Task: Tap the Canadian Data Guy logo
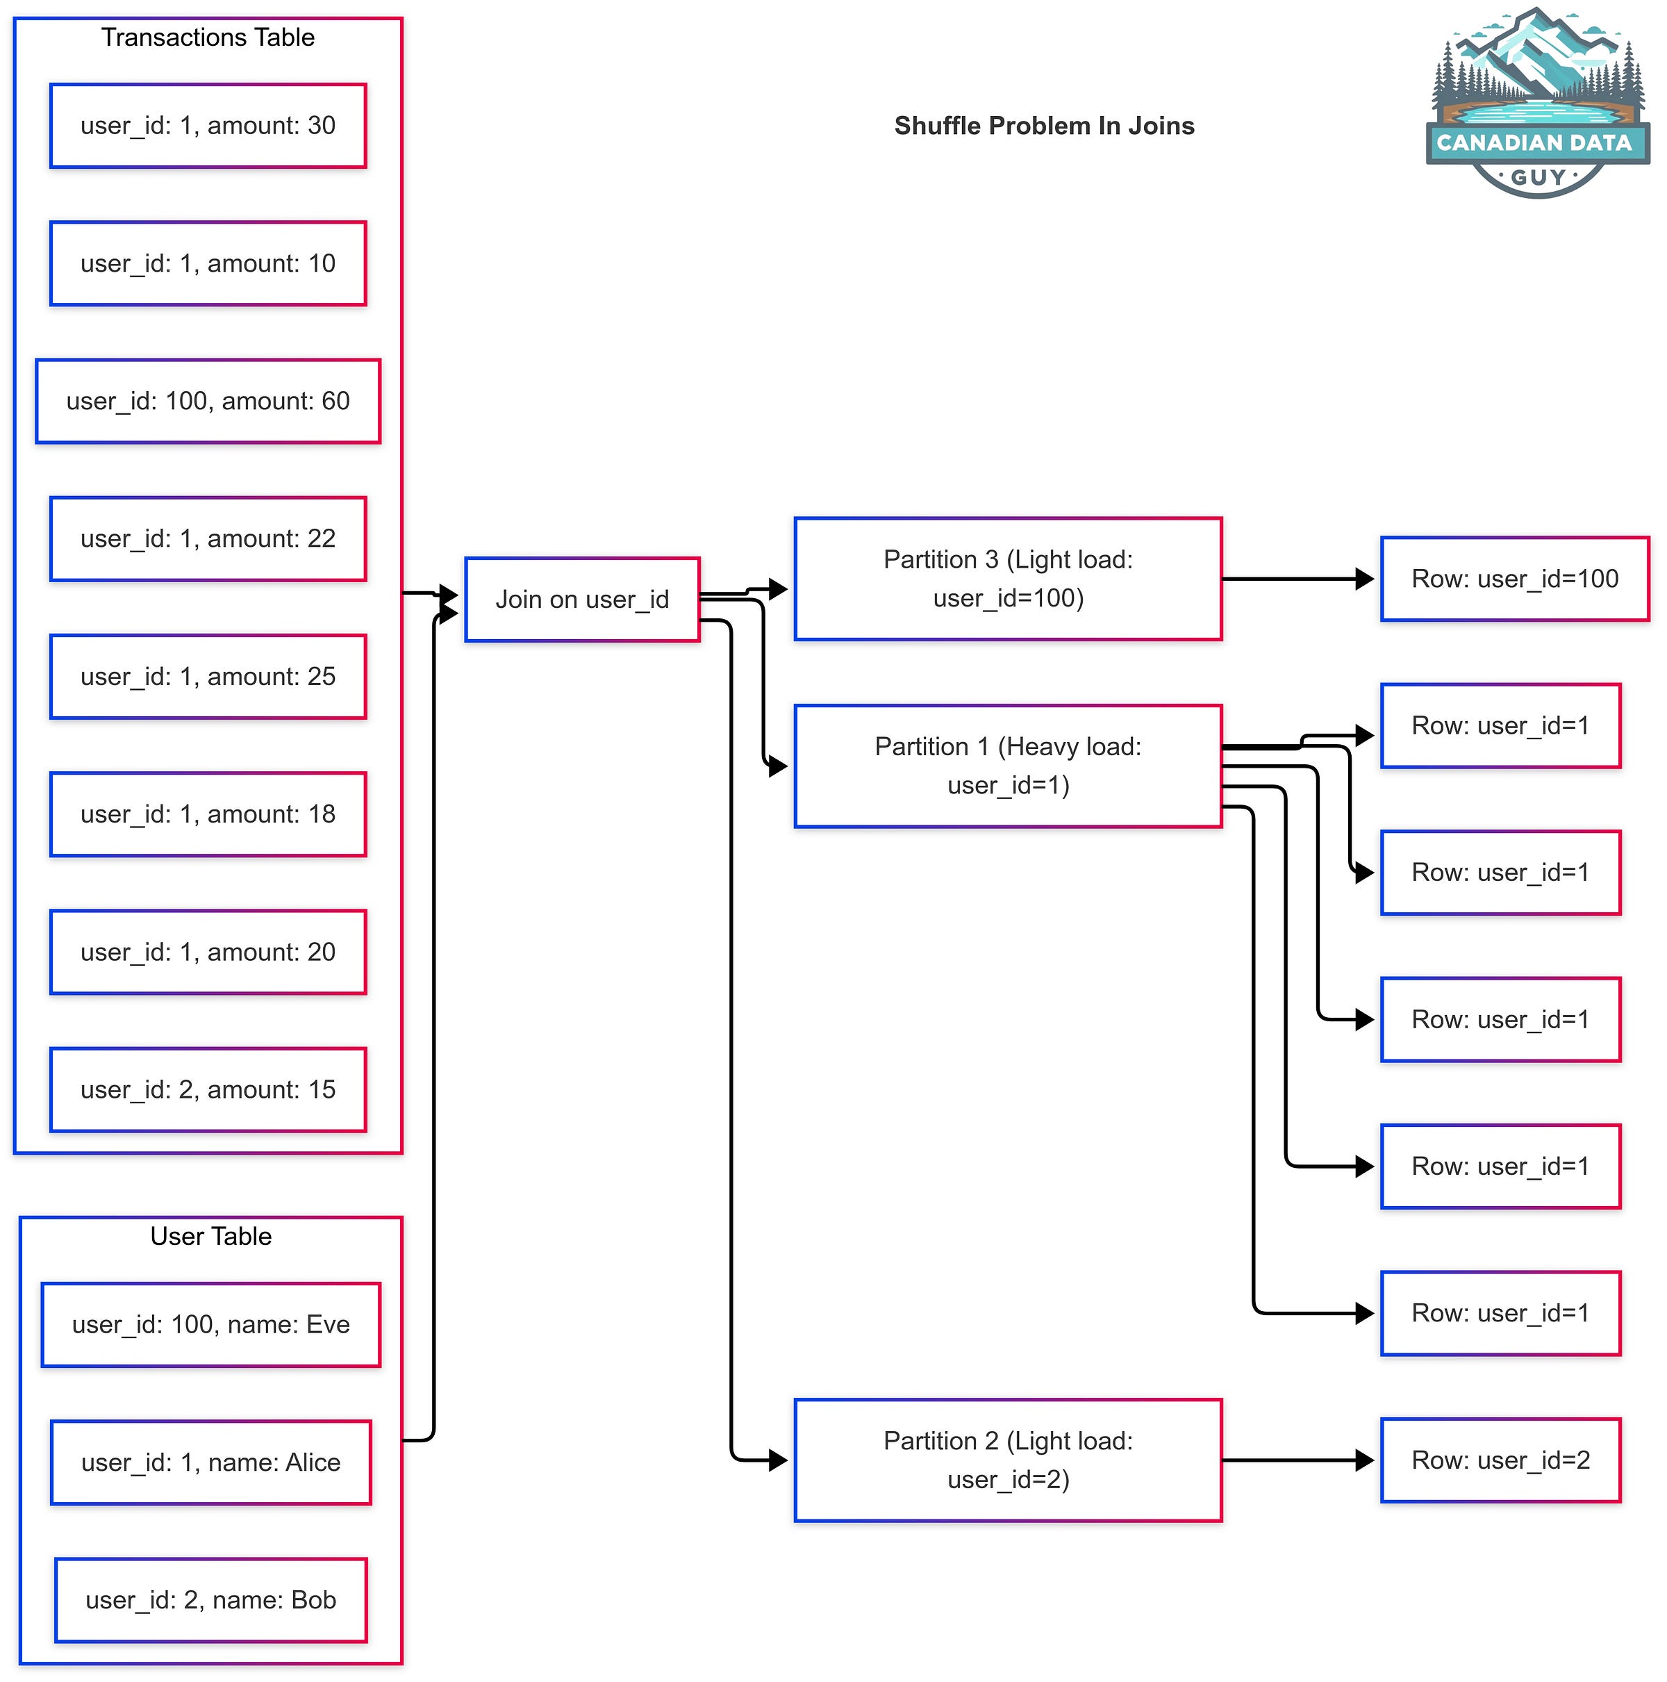[x=1536, y=104]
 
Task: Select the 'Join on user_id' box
[x=581, y=600]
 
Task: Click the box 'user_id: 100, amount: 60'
[x=208, y=402]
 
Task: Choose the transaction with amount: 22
[x=208, y=539]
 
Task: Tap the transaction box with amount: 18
[x=208, y=814]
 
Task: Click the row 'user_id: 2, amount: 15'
[x=208, y=1090]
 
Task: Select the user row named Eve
[x=210, y=1325]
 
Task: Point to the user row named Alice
[x=210, y=1462]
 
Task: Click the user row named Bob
[x=210, y=1600]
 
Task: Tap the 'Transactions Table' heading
[x=208, y=38]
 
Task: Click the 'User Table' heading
[x=210, y=1236]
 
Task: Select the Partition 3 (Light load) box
[x=1007, y=579]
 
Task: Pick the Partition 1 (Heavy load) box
[x=1007, y=766]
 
